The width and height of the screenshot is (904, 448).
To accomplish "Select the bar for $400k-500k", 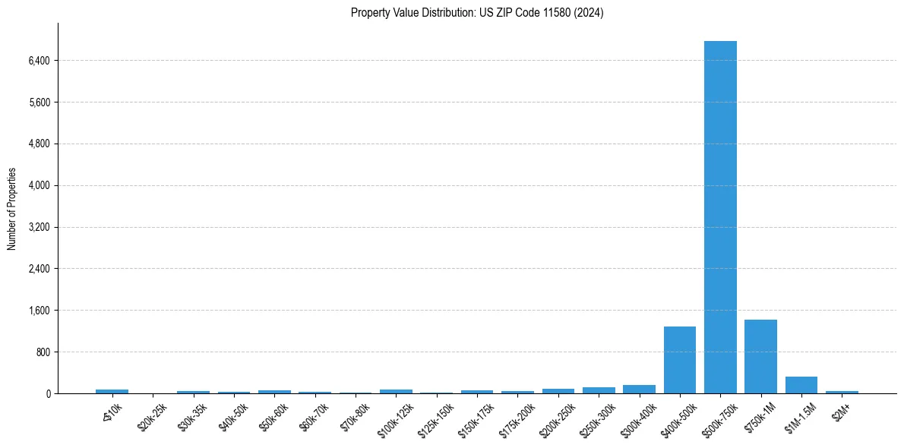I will pyautogui.click(x=680, y=360).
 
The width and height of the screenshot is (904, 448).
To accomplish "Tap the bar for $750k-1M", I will pyautogui.click(x=760, y=357).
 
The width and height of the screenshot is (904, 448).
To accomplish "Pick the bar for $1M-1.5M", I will pyautogui.click(x=801, y=385).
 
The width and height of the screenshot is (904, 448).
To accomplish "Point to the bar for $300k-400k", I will pyautogui.click(x=639, y=390).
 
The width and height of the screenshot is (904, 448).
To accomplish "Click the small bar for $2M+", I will pyautogui.click(x=842, y=392).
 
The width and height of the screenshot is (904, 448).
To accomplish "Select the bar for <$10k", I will pyautogui.click(x=112, y=391).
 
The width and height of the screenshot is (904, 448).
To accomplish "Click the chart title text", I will pyautogui.click(x=477, y=13).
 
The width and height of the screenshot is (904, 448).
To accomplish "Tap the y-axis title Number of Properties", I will pyautogui.click(x=12, y=208).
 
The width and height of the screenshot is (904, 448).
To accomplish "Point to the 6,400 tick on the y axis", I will pyautogui.click(x=37, y=61).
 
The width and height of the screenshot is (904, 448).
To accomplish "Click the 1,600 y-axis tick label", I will pyautogui.click(x=37, y=311).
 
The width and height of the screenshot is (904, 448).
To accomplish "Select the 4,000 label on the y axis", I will pyautogui.click(x=37, y=186).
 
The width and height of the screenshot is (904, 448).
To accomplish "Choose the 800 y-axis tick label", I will pyautogui.click(x=42, y=352).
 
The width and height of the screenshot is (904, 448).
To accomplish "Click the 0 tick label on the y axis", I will pyautogui.click(x=47, y=394).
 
